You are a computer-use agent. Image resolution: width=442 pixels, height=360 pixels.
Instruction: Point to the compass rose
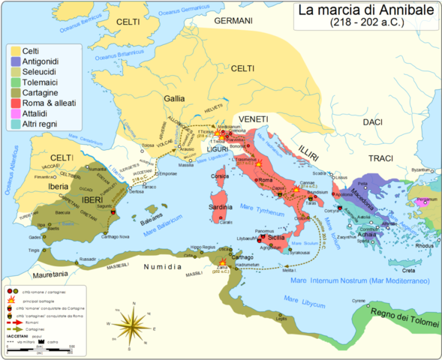pyautogui.click(x=133, y=325)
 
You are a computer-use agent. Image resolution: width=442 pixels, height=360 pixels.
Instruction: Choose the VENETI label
pyautogui.click(x=254, y=119)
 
